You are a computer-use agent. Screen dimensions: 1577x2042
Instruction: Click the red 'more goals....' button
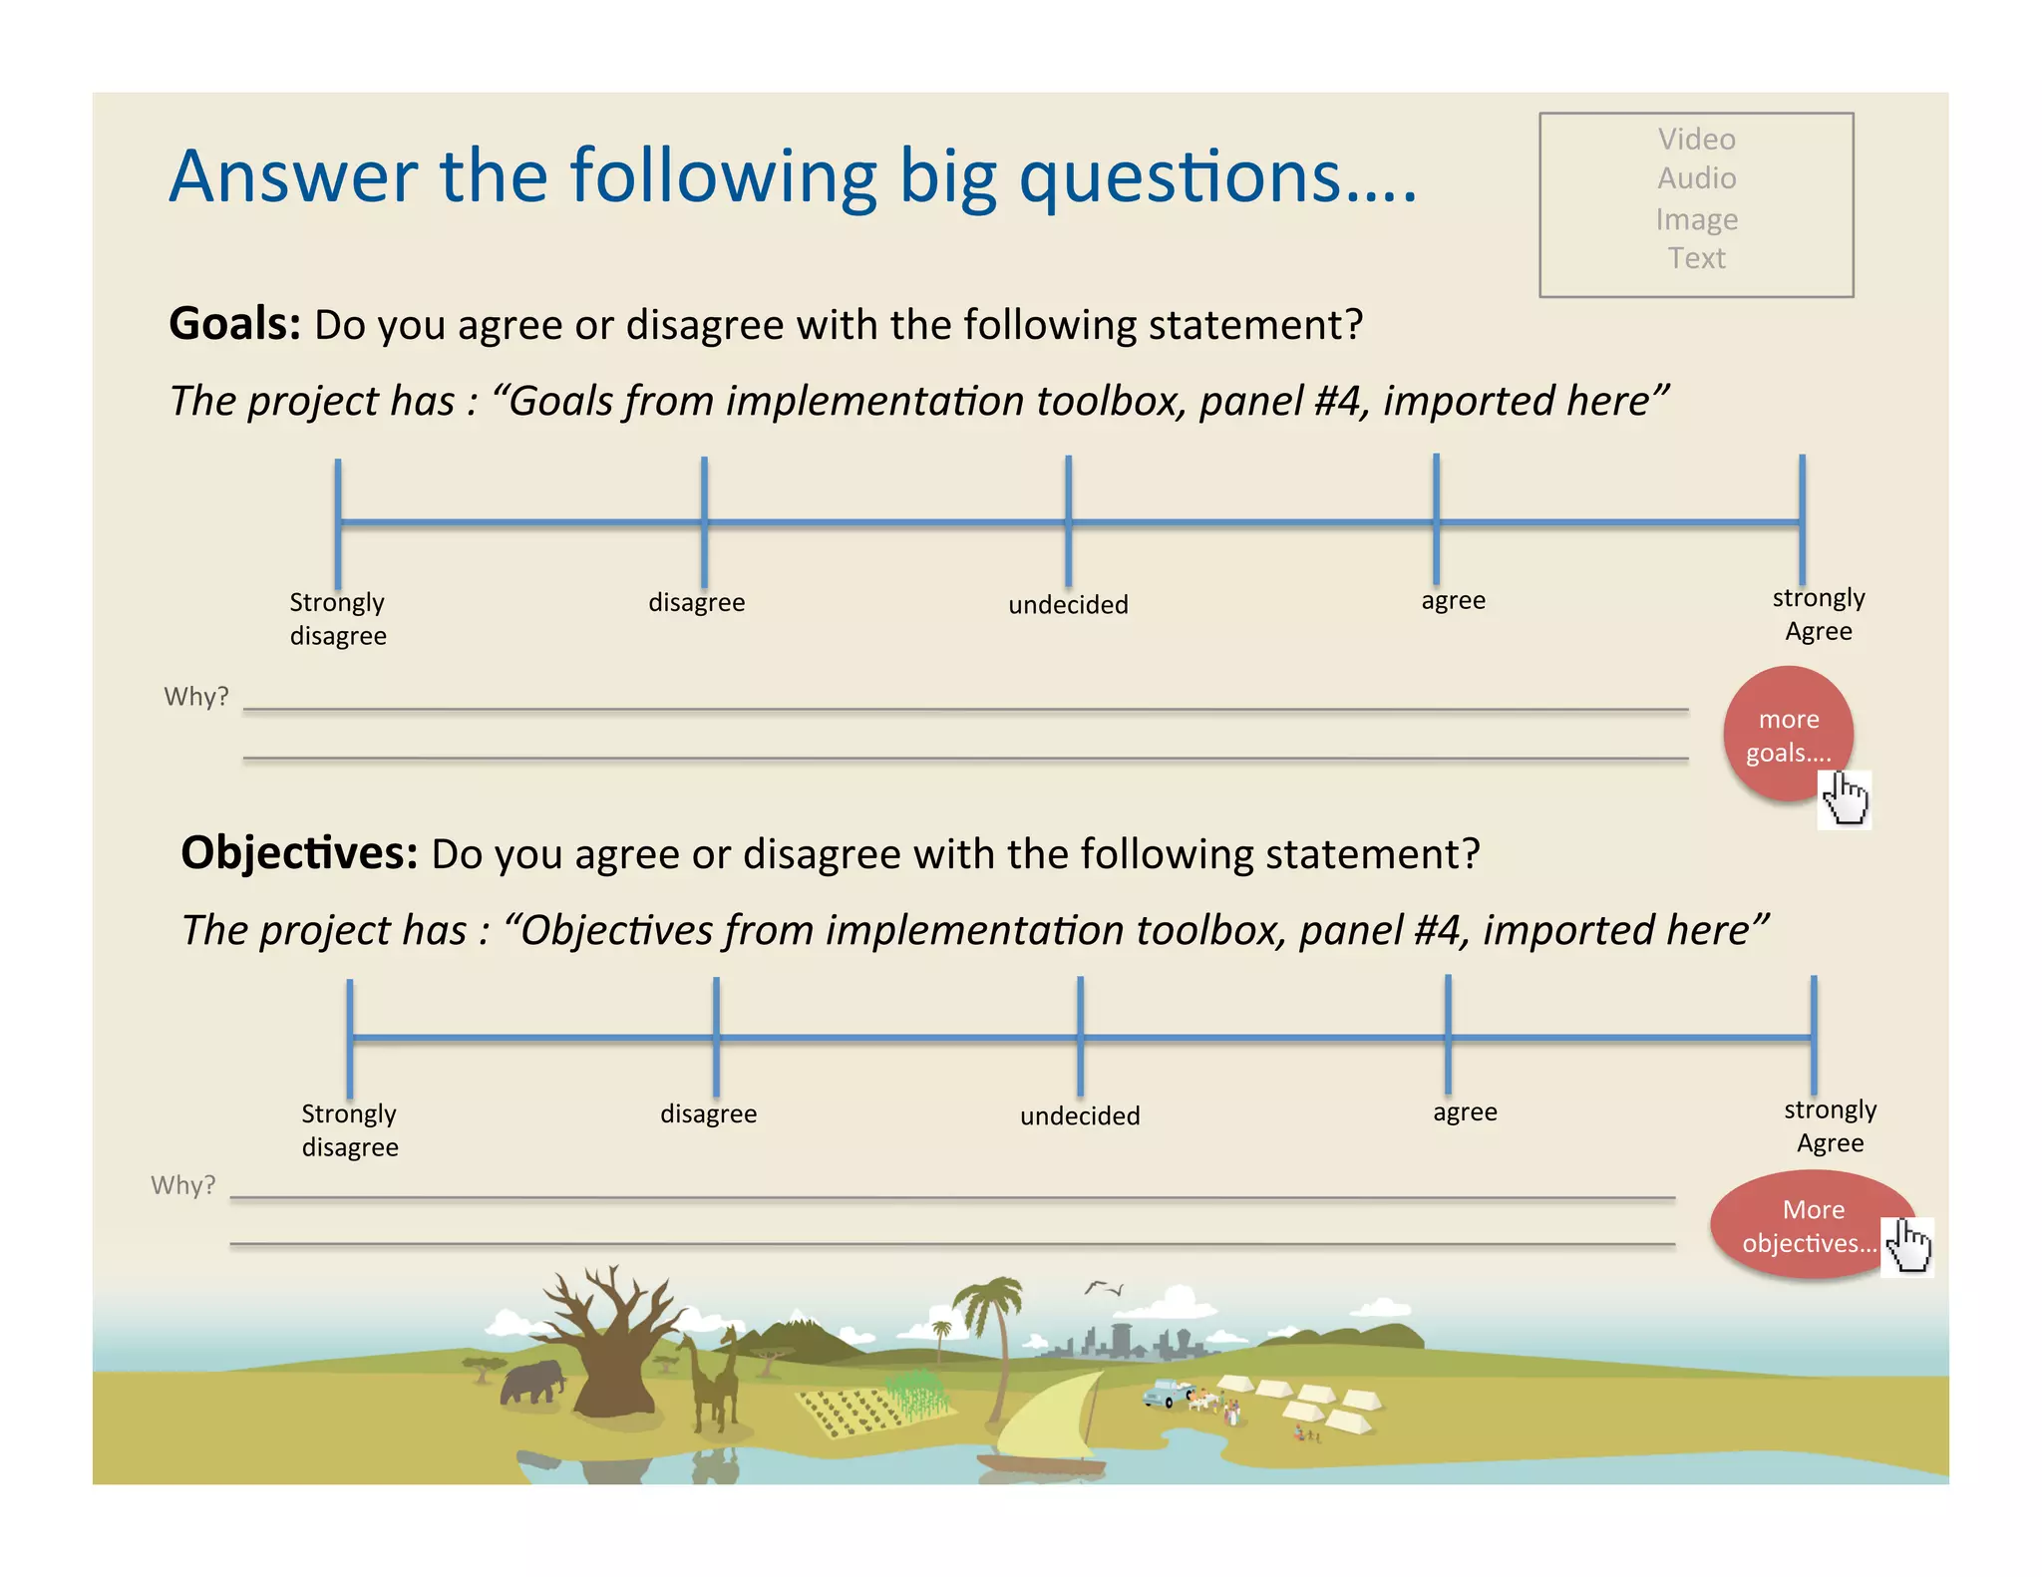pos(1788,735)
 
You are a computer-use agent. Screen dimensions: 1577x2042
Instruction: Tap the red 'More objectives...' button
pos(1810,1225)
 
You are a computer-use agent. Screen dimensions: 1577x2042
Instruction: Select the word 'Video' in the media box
pos(1696,139)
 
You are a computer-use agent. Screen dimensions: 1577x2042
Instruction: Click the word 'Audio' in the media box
pos(1696,178)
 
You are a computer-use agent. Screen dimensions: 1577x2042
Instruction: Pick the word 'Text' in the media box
pos(1696,258)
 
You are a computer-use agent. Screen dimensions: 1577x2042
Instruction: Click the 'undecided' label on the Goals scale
pos(1068,605)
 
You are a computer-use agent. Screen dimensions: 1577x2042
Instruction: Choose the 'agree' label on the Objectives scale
pos(1465,1111)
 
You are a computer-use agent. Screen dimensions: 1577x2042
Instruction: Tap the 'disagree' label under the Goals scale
pos(696,602)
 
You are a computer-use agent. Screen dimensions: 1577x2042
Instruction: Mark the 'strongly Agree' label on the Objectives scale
pos(1830,1126)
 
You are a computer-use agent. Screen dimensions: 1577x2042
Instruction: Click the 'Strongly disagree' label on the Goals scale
pos(338,619)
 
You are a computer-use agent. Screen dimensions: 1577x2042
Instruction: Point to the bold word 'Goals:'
pos(235,324)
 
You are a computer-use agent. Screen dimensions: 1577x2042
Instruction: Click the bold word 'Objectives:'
pos(299,853)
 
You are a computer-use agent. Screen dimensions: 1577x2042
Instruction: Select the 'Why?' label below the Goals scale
pos(196,696)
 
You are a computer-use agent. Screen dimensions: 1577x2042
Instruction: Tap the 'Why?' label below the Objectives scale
pos(183,1185)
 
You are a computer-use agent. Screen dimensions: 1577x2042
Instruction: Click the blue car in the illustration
pos(1164,1393)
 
